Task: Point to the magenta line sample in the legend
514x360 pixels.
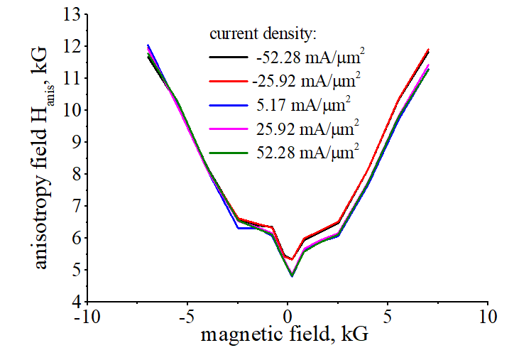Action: pyautogui.click(x=228, y=129)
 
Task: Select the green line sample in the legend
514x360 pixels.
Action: pyautogui.click(x=228, y=153)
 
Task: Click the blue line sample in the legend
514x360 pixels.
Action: pyautogui.click(x=228, y=105)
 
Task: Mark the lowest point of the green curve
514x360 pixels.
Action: pyautogui.click(x=292, y=276)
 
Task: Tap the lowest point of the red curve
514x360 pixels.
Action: pyautogui.click(x=292, y=260)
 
